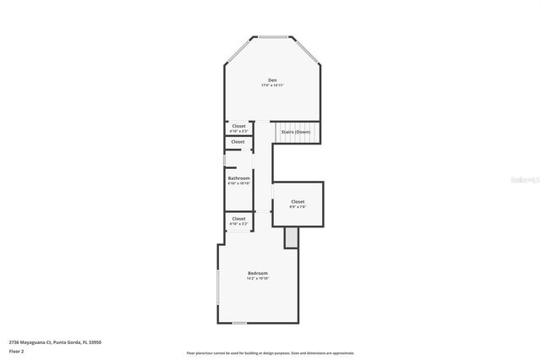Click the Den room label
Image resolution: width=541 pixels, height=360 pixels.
point(272,80)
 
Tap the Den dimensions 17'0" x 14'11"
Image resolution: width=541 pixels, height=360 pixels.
point(272,85)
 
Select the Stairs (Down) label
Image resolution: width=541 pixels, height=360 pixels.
point(296,132)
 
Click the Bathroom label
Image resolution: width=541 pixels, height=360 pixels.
point(238,177)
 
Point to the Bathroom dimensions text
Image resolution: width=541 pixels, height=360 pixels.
point(238,183)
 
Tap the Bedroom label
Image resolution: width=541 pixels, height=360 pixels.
point(258,273)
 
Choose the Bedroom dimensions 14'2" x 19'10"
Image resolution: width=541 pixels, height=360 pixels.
point(258,278)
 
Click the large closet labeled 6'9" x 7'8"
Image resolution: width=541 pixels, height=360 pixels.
point(298,203)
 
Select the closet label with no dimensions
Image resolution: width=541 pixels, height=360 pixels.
point(238,142)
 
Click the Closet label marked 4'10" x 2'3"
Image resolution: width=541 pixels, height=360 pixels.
point(238,127)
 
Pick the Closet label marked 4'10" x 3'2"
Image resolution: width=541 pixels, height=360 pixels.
point(238,220)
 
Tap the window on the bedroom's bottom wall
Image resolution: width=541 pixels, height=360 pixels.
point(240,323)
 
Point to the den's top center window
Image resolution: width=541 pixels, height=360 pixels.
point(272,37)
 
